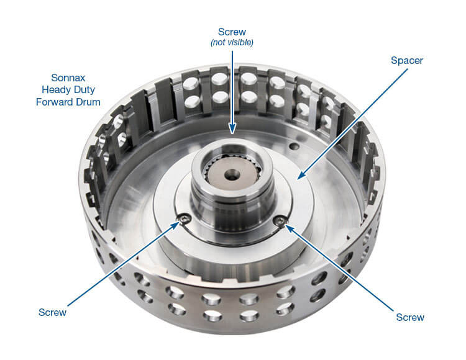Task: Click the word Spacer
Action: point(406,61)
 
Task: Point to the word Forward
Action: point(55,102)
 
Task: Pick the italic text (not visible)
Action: point(232,42)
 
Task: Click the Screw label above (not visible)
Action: point(232,31)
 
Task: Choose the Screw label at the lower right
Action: point(410,317)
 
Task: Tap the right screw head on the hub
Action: point(280,221)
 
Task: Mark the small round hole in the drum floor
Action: point(296,148)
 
